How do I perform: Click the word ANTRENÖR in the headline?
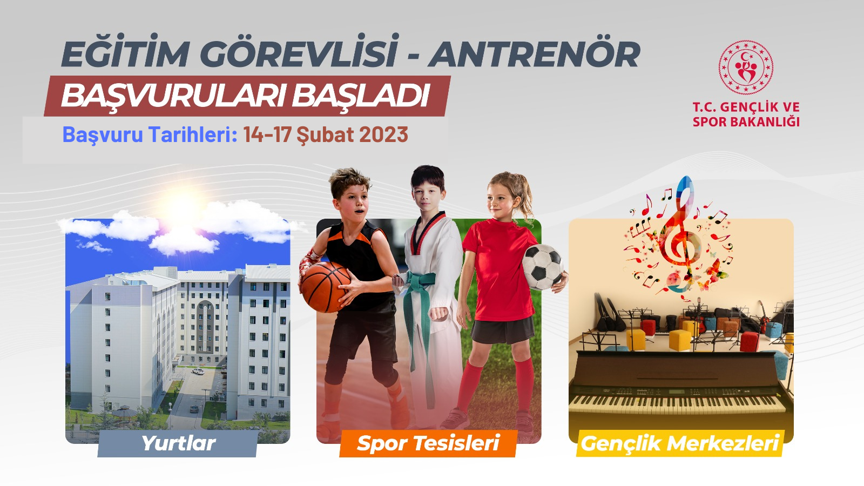click(x=534, y=54)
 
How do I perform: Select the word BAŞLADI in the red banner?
click(x=361, y=96)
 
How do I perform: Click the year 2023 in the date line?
click(x=383, y=134)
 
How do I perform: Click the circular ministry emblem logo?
click(x=746, y=67)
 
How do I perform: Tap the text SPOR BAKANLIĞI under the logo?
click(x=746, y=122)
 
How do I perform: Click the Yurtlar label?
click(x=179, y=443)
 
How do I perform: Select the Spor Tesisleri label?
click(x=428, y=443)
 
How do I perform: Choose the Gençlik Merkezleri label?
click(x=680, y=443)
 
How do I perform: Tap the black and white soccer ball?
click(x=542, y=267)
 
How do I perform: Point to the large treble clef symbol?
click(x=680, y=232)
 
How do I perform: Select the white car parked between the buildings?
click(x=198, y=372)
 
